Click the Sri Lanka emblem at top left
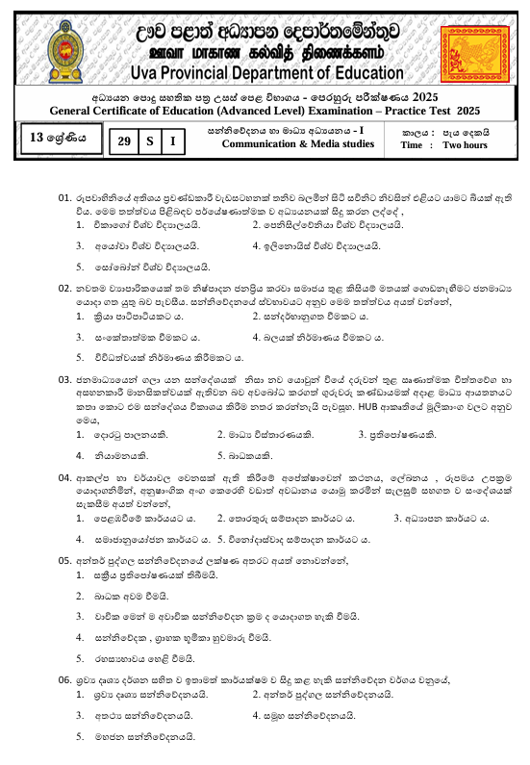click(47, 43)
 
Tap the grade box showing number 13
click(58, 138)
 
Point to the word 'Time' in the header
click(412, 145)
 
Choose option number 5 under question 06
click(80, 736)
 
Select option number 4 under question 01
click(256, 245)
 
